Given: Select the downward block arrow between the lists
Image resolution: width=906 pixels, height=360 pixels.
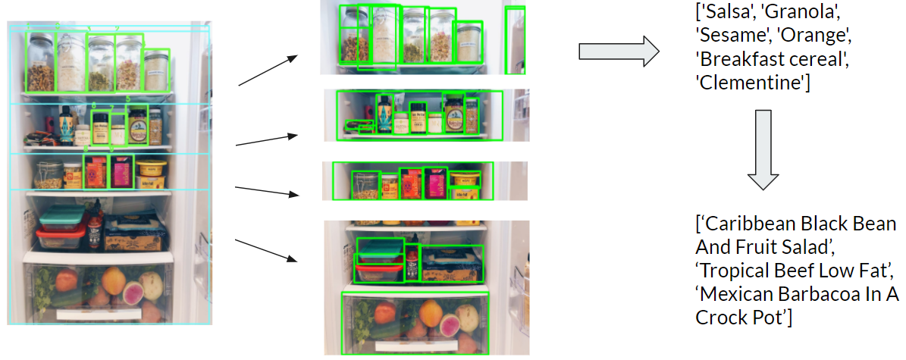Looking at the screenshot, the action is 763,149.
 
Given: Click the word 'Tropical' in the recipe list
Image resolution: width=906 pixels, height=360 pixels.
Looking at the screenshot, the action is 736,271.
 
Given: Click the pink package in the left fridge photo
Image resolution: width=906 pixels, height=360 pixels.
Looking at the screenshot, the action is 121,172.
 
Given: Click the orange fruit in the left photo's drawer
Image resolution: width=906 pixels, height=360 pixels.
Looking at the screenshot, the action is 114,281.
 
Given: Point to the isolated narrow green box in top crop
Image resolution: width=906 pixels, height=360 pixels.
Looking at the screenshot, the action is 515,39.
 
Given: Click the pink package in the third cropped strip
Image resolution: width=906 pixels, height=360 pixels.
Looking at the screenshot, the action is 435,183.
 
